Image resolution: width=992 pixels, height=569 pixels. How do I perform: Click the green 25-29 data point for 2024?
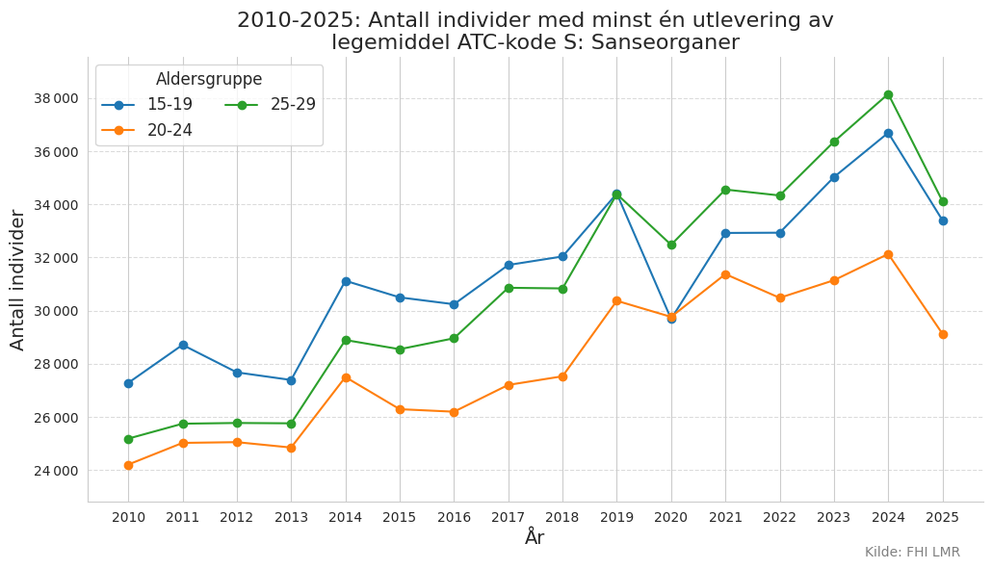click(x=888, y=94)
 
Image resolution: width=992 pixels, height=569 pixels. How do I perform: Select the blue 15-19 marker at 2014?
click(x=346, y=281)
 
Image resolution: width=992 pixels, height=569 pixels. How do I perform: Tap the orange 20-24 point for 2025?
click(x=943, y=334)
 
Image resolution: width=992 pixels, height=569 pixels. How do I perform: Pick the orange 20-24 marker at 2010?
click(x=129, y=465)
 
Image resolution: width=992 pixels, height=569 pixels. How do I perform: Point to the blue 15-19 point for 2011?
click(x=183, y=346)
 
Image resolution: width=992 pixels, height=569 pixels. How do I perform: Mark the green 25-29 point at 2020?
click(x=671, y=245)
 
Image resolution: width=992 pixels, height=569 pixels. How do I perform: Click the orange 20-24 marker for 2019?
click(x=616, y=301)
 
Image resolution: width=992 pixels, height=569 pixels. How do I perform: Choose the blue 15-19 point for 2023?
click(x=834, y=178)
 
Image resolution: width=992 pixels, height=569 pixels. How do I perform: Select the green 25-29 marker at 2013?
click(x=292, y=424)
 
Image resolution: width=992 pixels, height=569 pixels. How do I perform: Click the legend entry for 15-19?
click(x=147, y=104)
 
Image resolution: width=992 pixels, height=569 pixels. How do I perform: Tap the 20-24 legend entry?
click(x=147, y=130)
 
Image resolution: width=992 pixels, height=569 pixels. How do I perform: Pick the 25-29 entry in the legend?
click(x=270, y=104)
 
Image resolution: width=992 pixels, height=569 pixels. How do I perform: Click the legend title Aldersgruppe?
click(x=209, y=79)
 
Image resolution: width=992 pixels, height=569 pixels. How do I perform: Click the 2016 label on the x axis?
click(x=455, y=518)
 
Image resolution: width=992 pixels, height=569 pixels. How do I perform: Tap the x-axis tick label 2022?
click(x=780, y=518)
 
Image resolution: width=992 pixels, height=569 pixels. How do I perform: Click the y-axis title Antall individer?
click(x=17, y=281)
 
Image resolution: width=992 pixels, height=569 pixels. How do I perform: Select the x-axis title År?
click(x=535, y=537)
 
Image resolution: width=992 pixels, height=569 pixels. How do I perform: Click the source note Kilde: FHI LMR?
click(x=912, y=552)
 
